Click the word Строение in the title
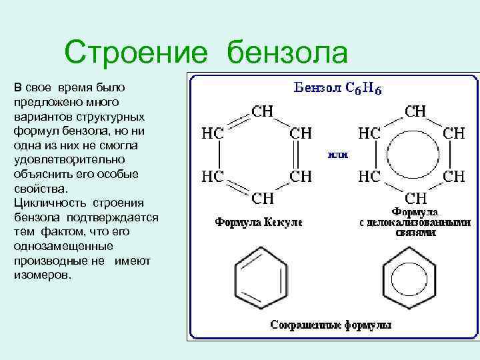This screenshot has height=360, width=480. coord(139,52)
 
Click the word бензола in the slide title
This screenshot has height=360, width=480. coord(287,52)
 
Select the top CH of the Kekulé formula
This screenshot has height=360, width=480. coord(261,111)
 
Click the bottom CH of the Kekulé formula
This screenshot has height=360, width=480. coord(261,198)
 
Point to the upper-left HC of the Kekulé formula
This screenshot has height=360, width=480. coord(213,133)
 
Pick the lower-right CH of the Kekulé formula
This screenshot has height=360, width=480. coord(301,176)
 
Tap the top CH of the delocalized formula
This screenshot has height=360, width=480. coord(417,111)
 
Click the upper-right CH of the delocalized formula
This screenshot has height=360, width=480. coord(455,133)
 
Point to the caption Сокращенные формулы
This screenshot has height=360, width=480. coord(331,325)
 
